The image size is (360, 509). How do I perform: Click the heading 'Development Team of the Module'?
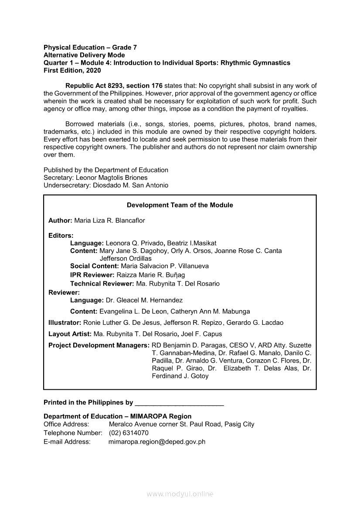click(x=180, y=205)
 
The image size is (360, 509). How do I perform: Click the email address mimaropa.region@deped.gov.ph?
click(x=157, y=442)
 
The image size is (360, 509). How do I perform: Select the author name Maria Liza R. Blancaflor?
click(x=109, y=220)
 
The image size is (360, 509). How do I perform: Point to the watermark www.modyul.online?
click(x=180, y=494)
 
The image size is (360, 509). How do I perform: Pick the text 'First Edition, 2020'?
click(x=72, y=70)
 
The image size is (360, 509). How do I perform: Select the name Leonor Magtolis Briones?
click(x=112, y=178)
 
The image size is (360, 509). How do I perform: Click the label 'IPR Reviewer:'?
click(x=92, y=275)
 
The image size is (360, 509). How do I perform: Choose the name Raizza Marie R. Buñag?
click(x=151, y=275)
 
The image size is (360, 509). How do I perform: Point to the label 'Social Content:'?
click(x=95, y=266)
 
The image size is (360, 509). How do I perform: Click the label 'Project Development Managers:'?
click(x=99, y=345)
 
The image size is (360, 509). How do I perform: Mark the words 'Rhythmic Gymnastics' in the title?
click(x=255, y=63)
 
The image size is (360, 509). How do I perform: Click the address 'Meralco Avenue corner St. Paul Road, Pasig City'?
click(x=182, y=424)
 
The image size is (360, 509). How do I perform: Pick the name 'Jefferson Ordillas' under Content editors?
click(x=126, y=258)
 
